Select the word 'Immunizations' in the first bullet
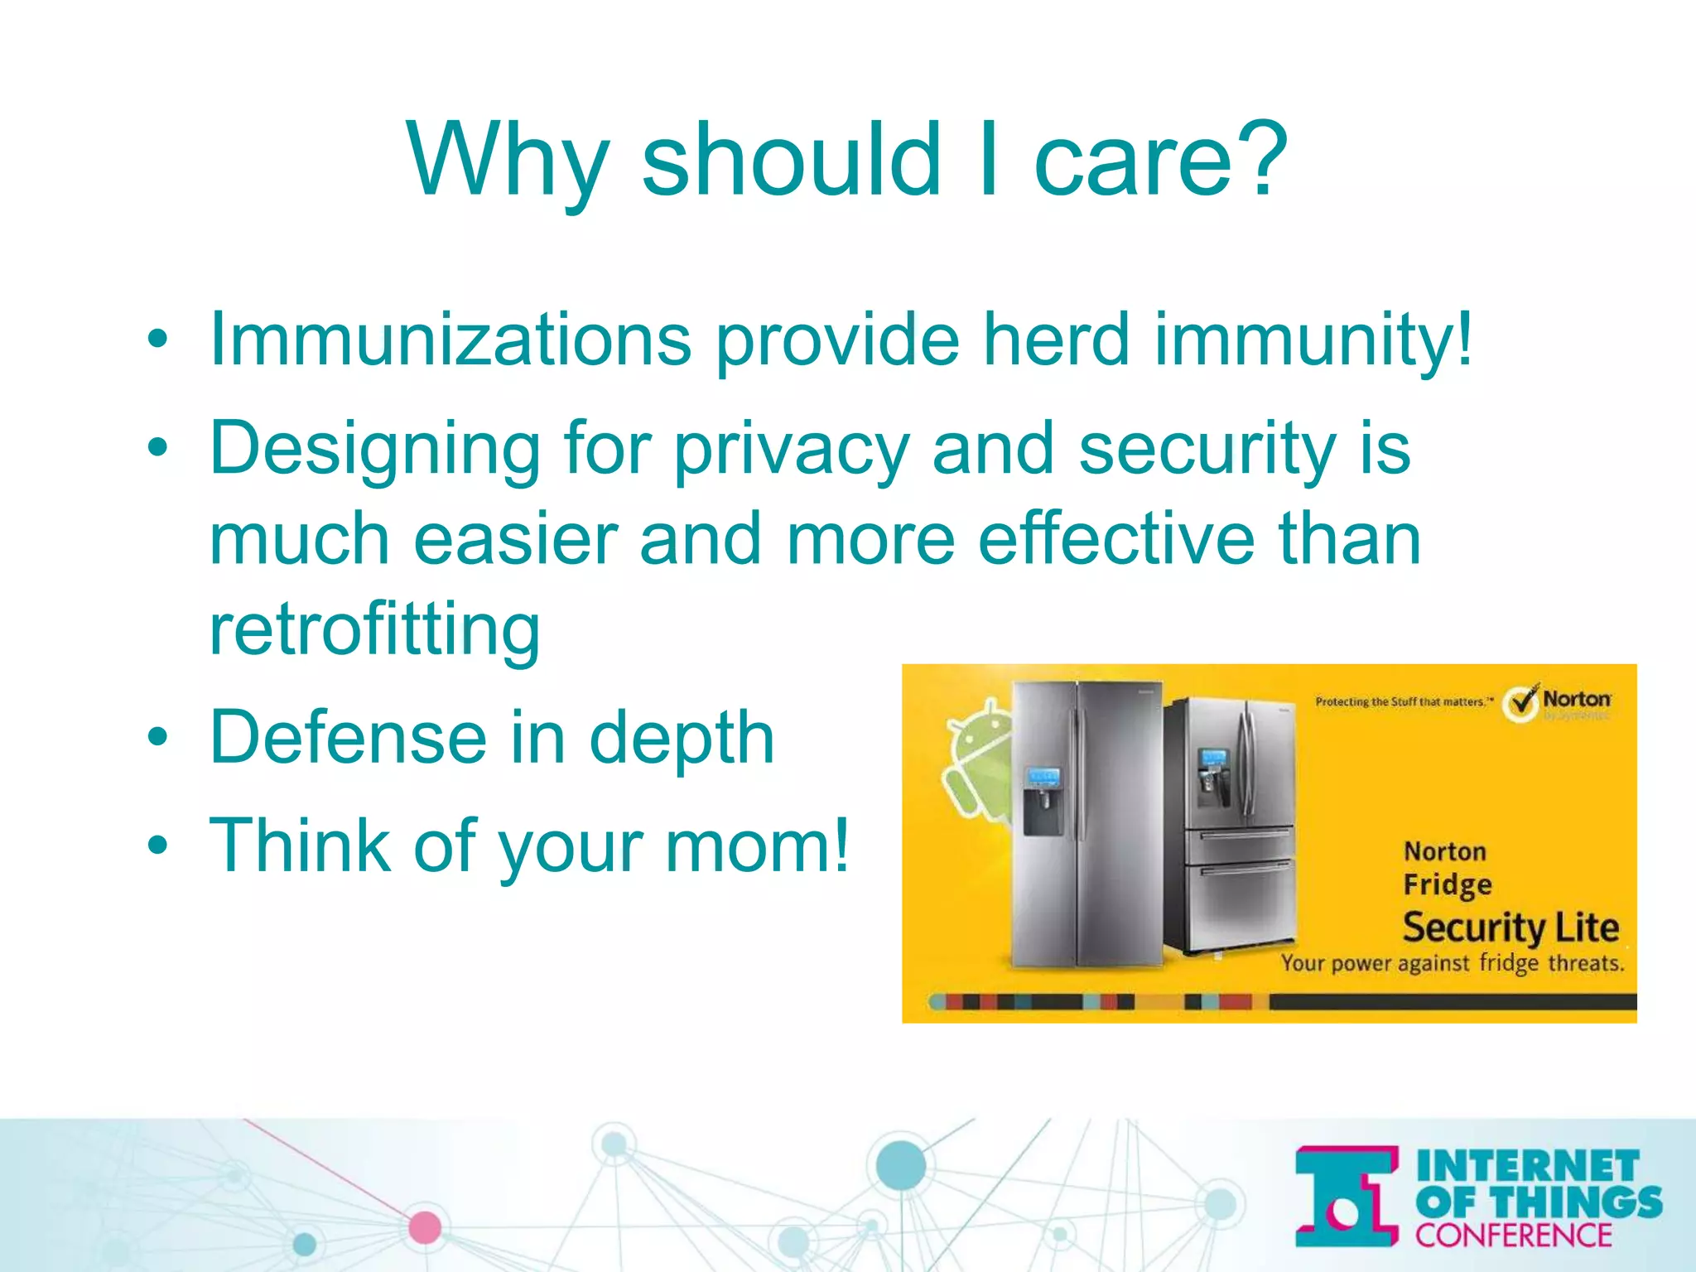coord(450,340)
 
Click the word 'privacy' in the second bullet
coord(791,450)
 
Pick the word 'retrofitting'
coord(374,631)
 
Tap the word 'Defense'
coord(348,736)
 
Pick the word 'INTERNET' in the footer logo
coord(1528,1166)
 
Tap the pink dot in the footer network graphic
coord(425,1227)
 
